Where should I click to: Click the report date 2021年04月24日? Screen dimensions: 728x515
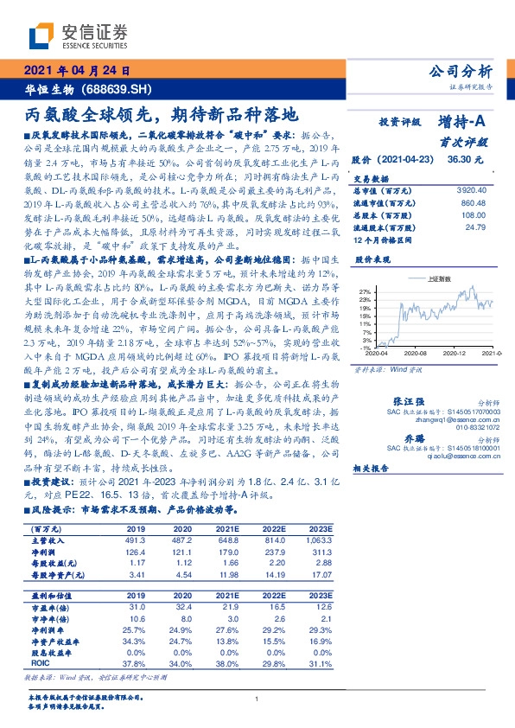(76, 72)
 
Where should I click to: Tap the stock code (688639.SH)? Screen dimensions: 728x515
(119, 89)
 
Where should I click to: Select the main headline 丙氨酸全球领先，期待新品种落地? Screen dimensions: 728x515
(161, 113)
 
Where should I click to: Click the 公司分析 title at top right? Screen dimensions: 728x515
(461, 72)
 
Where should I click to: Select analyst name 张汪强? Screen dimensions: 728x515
(409, 402)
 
